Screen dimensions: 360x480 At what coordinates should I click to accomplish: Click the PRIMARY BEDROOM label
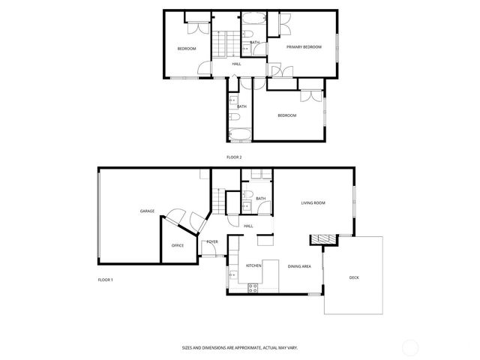(x=304, y=46)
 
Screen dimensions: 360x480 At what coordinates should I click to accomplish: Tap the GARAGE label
(x=147, y=211)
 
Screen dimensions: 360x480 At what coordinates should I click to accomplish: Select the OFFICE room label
(x=178, y=245)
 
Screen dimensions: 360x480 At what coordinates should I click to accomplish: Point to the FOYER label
(x=212, y=241)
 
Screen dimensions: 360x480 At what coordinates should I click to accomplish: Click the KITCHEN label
(x=253, y=265)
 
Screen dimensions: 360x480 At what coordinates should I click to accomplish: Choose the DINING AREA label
(x=299, y=265)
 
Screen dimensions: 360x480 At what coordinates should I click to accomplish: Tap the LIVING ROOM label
(x=313, y=202)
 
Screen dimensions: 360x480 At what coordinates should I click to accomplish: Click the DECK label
(x=354, y=278)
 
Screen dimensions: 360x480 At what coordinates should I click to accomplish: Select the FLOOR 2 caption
(x=234, y=157)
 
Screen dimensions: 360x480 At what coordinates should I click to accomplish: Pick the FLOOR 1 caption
(x=105, y=280)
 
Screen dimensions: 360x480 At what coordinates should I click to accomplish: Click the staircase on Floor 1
(x=218, y=199)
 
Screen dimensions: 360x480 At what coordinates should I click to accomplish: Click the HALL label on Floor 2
(x=236, y=64)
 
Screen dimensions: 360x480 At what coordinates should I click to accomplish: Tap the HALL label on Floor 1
(x=248, y=226)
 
